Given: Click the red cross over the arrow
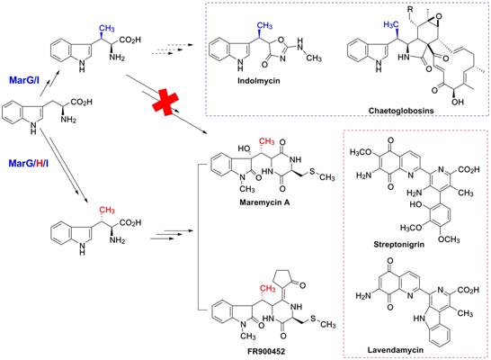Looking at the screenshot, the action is tap(165, 102).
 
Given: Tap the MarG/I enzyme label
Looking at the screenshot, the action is tap(24, 80).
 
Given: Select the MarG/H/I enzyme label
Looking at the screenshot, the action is tap(29, 163).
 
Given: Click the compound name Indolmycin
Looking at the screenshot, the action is tap(259, 80).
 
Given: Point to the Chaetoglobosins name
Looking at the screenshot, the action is tap(401, 111).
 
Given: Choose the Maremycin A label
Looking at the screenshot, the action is tap(264, 202).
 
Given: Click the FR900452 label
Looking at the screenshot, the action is tap(265, 351).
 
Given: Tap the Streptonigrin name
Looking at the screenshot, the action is tap(399, 244).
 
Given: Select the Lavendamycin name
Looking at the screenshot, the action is tap(396, 350).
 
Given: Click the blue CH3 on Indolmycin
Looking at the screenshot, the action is tap(264, 25).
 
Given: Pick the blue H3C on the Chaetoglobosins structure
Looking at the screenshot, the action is tap(391, 25).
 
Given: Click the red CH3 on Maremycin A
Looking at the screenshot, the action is tap(266, 141).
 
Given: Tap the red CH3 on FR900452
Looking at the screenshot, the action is tap(267, 288).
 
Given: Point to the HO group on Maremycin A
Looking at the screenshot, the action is tap(244, 148).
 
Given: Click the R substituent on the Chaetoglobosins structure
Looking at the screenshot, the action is tap(410, 9).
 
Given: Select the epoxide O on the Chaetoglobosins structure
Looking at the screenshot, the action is tap(439, 16).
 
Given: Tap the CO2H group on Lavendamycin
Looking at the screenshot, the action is tap(469, 290).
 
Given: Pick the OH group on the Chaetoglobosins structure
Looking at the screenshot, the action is tap(458, 102).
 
